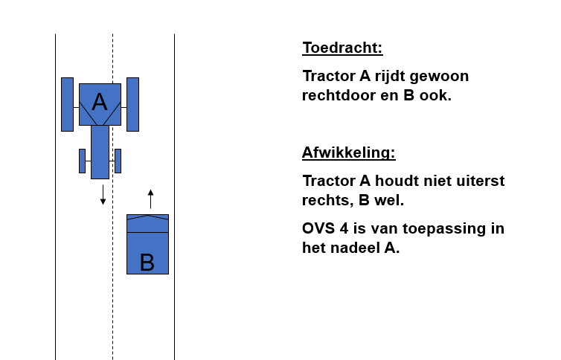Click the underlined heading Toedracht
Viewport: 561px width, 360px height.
click(342, 48)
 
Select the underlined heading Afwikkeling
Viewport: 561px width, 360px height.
click(349, 152)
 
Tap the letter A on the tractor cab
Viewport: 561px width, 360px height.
click(100, 102)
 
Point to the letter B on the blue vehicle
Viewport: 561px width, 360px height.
click(147, 263)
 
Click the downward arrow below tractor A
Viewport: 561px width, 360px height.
click(103, 195)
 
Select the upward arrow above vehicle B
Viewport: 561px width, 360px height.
click(150, 199)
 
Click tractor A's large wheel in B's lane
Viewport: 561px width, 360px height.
click(132, 104)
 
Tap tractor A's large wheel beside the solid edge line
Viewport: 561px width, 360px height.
click(67, 104)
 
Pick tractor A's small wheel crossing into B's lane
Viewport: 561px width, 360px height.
click(118, 161)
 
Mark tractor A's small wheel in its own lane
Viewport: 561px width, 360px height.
click(83, 161)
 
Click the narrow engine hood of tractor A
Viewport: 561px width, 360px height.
click(100, 152)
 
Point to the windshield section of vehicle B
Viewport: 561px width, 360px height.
click(147, 223)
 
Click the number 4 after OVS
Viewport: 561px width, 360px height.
click(344, 228)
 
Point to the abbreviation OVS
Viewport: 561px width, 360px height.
click(318, 228)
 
